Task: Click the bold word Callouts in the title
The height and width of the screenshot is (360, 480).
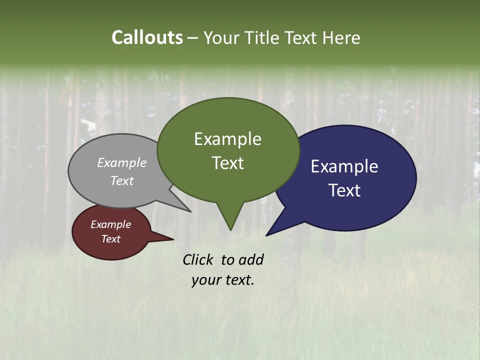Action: click(x=147, y=37)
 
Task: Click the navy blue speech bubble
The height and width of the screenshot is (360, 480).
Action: click(x=360, y=210)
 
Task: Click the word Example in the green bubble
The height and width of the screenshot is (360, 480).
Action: click(x=227, y=139)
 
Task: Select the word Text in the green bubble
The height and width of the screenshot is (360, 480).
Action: click(x=227, y=163)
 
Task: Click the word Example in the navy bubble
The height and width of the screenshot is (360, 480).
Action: click(x=344, y=166)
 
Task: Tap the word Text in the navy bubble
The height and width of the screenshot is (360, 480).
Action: click(x=344, y=190)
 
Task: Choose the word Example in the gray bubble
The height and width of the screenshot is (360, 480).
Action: click(x=121, y=163)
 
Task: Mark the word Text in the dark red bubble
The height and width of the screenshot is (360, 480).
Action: click(x=110, y=239)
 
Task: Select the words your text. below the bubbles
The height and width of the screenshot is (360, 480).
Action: click(x=222, y=280)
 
